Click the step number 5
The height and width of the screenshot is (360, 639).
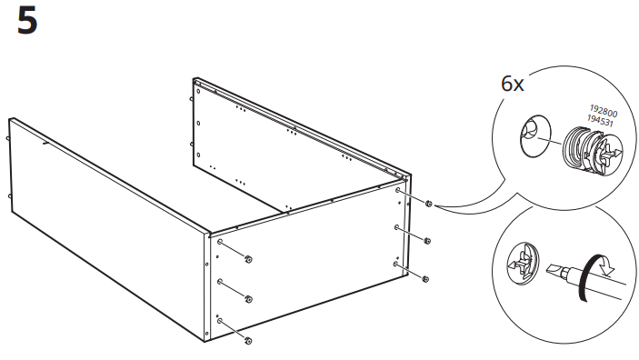pyautogui.click(x=27, y=22)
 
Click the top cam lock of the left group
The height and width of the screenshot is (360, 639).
pyautogui.click(x=249, y=261)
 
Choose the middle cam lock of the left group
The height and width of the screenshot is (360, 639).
pyautogui.click(x=249, y=300)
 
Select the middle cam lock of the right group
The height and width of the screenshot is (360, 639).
pyautogui.click(x=427, y=241)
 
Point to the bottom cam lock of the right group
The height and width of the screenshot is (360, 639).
pyautogui.click(x=426, y=276)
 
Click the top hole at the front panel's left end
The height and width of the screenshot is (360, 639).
pyautogui.click(x=221, y=243)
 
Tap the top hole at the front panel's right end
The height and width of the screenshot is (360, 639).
pyautogui.click(x=398, y=193)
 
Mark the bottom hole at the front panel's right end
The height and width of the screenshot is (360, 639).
pyautogui.click(x=396, y=263)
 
